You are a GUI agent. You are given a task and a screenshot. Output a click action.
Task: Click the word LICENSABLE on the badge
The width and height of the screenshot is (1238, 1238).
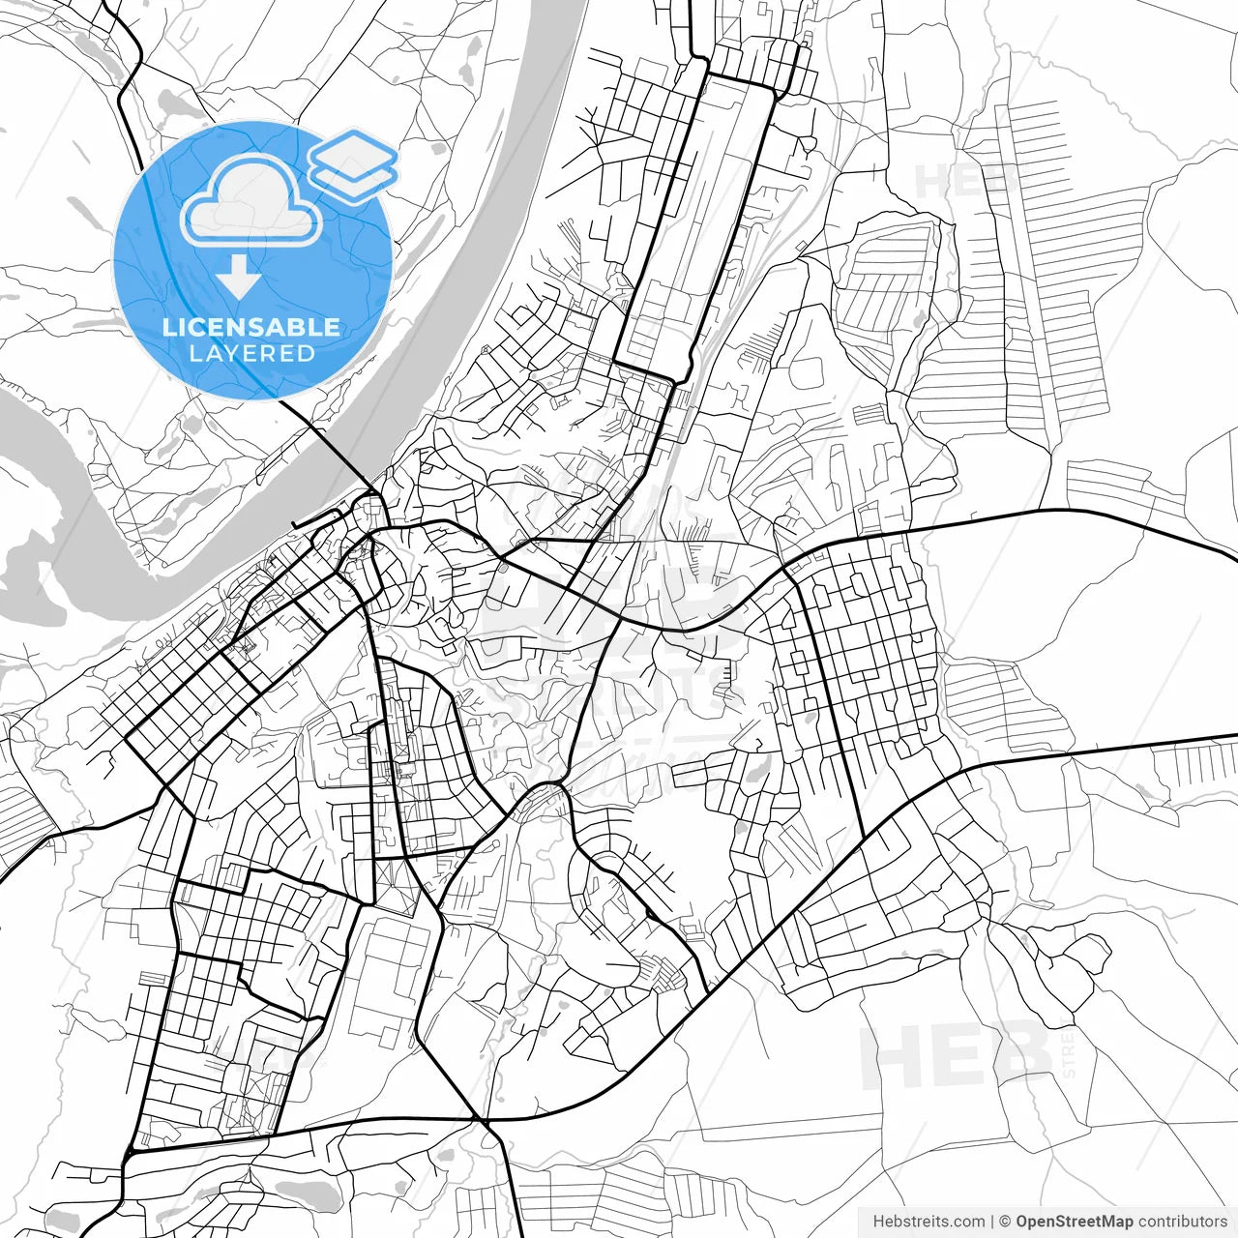point(251,327)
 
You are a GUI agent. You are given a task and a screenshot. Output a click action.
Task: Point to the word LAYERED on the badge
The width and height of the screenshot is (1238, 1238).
point(251,354)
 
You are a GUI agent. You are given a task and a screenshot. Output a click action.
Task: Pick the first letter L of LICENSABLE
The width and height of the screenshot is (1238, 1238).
point(168,327)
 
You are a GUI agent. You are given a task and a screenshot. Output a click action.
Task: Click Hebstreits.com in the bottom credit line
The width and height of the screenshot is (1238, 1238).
point(928,1222)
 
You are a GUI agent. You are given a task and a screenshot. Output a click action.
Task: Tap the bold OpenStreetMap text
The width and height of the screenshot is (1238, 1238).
point(1074,1222)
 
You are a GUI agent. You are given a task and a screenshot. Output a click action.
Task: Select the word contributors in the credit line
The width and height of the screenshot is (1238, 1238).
point(1182,1222)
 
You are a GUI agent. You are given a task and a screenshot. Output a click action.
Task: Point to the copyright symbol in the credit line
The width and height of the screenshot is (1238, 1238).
point(1005,1222)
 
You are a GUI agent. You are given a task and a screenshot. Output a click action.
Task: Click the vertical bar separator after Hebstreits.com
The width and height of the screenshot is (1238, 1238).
point(992,1222)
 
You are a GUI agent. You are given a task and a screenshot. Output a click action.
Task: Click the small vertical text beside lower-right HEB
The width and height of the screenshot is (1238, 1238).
point(1069,1054)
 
